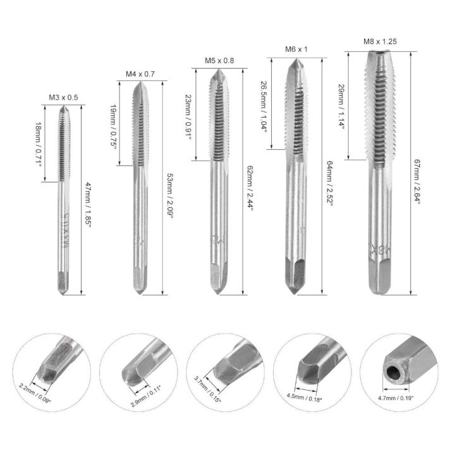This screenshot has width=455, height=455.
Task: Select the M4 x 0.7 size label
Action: pyautogui.click(x=140, y=74)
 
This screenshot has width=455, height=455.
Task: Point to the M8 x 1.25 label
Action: pyautogui.click(x=379, y=42)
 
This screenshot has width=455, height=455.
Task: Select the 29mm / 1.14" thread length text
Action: pyautogui.click(x=342, y=107)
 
